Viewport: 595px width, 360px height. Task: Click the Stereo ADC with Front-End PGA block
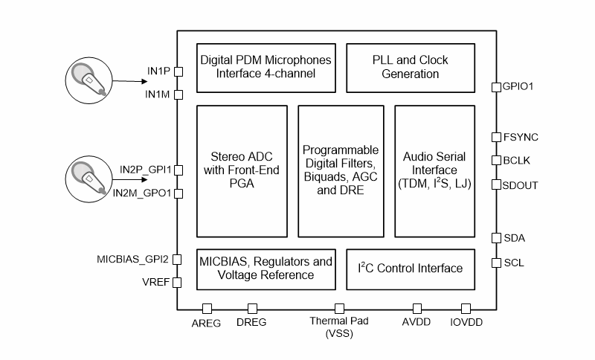click(x=242, y=170)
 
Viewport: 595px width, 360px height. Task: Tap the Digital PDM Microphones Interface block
click(x=266, y=67)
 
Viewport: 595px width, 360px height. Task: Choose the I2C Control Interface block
click(x=410, y=269)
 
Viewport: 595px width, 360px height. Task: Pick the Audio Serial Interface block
click(x=434, y=170)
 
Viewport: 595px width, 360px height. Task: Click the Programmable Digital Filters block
click(x=340, y=170)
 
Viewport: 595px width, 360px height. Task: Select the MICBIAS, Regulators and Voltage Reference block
click(x=266, y=269)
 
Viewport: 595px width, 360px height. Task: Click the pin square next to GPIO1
click(x=496, y=87)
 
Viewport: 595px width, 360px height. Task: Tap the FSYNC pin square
click(x=496, y=137)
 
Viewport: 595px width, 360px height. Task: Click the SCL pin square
click(x=496, y=263)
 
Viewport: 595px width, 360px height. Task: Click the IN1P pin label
click(x=159, y=71)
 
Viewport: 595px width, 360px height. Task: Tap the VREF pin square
click(x=178, y=283)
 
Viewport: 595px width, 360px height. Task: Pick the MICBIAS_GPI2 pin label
click(x=132, y=260)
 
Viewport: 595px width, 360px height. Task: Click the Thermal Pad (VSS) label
click(x=339, y=328)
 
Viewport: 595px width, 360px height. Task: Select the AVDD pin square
click(x=417, y=308)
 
